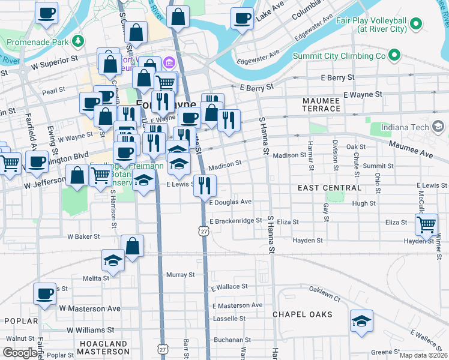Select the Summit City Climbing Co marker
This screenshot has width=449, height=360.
pos(394,56)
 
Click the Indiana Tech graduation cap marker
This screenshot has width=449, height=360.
pos(438,126)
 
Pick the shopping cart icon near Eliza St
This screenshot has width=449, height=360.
pos(426,224)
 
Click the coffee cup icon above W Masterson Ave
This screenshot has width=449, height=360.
pos(44,294)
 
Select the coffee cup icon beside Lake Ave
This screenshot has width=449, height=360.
pos(243,18)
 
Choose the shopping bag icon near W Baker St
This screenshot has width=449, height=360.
pos(132,246)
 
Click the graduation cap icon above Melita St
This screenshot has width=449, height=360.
pos(112,260)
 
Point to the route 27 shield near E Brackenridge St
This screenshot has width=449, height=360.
pos(204,231)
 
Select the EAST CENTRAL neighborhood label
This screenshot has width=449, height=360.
pos(330,188)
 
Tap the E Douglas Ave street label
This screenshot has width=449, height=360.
pos(231,202)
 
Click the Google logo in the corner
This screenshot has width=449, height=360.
pos(20,353)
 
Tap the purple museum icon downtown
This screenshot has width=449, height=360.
pos(169,62)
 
